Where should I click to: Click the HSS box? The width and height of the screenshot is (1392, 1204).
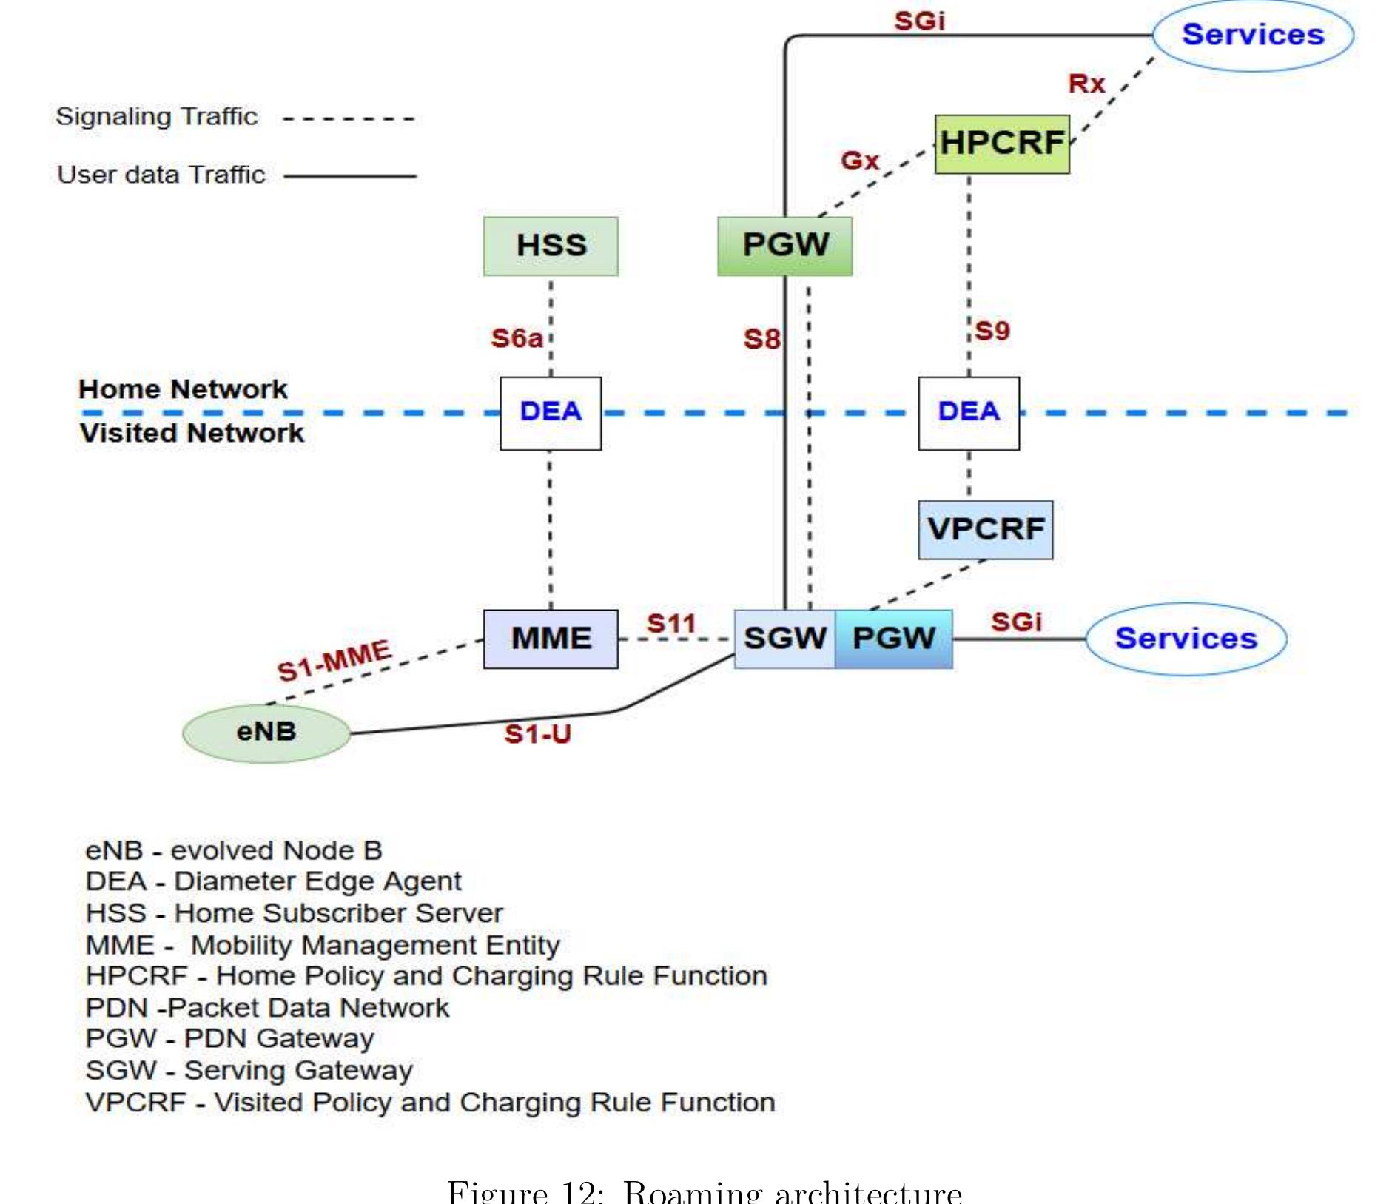pyautogui.click(x=551, y=246)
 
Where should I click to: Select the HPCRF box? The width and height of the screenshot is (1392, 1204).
pyautogui.click(x=1001, y=144)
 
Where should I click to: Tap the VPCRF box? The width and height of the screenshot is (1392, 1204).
pyautogui.click(x=985, y=529)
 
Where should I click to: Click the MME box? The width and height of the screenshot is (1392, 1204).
pyautogui.click(x=551, y=639)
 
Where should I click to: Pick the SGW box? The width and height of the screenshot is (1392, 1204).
pyautogui.click(x=784, y=639)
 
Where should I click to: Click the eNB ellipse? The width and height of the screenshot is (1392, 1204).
pyautogui.click(x=266, y=732)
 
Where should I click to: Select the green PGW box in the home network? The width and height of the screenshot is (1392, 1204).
pyautogui.click(x=784, y=246)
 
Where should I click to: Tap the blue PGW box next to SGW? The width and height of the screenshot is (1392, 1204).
pyautogui.click(x=893, y=639)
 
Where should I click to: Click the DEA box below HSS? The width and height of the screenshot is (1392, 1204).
pyautogui.click(x=551, y=412)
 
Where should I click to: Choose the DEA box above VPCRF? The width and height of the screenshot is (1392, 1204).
pyautogui.click(x=968, y=412)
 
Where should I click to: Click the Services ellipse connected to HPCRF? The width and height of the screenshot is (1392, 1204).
pyautogui.click(x=1253, y=35)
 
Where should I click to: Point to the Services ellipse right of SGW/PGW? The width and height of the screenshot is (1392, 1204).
pyautogui.click(x=1186, y=639)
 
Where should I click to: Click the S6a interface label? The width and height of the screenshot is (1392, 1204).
pyautogui.click(x=517, y=338)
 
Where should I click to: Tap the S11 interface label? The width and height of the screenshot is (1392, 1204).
pyautogui.click(x=671, y=623)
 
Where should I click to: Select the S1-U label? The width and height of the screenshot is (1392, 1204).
pyautogui.click(x=537, y=734)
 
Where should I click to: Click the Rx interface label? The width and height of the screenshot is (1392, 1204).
pyautogui.click(x=1086, y=84)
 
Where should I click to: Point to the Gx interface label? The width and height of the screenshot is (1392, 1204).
pyautogui.click(x=860, y=160)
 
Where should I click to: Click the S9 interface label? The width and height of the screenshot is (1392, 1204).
pyautogui.click(x=992, y=331)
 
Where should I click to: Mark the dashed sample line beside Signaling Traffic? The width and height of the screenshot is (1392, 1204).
pyautogui.click(x=349, y=118)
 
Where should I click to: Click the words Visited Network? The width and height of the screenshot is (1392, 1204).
pyautogui.click(x=192, y=433)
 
